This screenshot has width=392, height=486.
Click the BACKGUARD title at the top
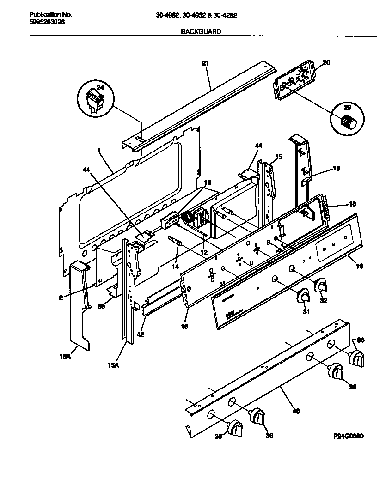(x=195, y=32)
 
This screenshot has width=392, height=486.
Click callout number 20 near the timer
(x=326, y=62)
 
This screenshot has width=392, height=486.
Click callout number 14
(x=174, y=267)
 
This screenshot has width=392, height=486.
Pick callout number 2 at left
(x=61, y=298)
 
